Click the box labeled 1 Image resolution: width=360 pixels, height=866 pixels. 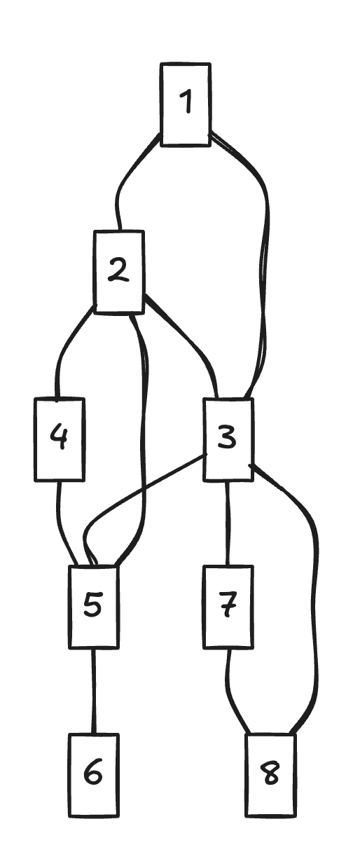tap(186, 104)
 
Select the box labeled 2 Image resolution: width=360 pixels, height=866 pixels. tap(118, 271)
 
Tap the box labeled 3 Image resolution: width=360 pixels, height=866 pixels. tap(228, 439)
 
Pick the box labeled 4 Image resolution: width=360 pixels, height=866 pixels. tap(60, 439)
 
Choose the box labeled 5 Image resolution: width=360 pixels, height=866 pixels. tap(94, 607)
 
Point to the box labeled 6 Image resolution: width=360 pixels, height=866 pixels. tap(94, 775)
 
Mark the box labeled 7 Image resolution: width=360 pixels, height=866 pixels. tap(228, 607)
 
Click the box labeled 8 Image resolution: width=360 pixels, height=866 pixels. tap(271, 775)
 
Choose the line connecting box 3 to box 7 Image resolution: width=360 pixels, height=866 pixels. tap(228, 523)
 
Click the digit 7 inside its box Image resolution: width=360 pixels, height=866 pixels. tap(228, 605)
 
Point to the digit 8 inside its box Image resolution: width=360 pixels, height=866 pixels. tap(271, 774)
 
